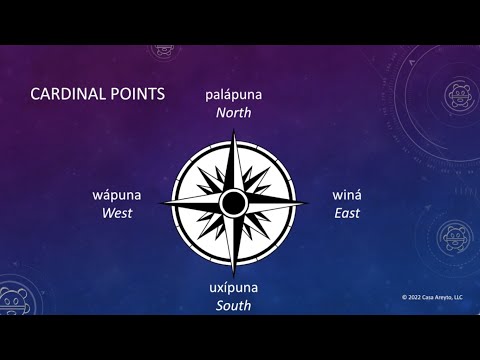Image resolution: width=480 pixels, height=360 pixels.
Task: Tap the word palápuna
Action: [x=233, y=94]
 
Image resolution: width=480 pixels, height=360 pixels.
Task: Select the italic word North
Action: [x=233, y=112]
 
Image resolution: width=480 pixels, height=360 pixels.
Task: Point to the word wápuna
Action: [x=116, y=195]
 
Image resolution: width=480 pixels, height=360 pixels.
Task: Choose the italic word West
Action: [x=116, y=213]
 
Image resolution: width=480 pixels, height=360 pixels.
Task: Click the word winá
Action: [x=347, y=195]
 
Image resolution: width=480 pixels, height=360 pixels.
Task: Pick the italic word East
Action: [x=347, y=213]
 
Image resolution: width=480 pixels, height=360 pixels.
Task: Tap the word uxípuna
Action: [x=234, y=287]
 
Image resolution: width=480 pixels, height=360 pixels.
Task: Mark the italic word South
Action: [x=234, y=305]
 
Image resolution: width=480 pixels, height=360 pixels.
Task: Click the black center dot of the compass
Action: [x=233, y=203]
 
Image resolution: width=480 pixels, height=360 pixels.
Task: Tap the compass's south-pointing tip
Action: [x=233, y=272]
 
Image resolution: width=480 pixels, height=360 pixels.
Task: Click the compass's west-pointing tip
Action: [x=163, y=203]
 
